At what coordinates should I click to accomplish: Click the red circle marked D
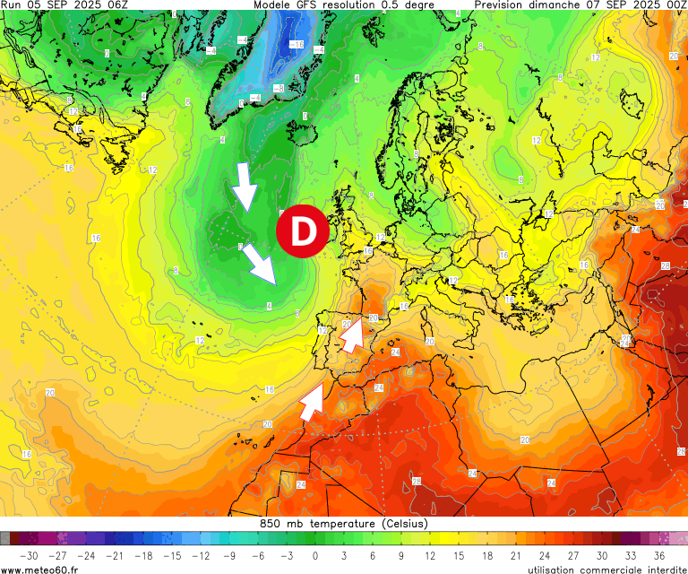(x=304, y=231)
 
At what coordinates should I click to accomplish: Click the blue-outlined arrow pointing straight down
(x=244, y=187)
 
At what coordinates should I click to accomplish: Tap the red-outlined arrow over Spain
(x=354, y=333)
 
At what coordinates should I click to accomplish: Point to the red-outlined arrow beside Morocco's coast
(x=312, y=400)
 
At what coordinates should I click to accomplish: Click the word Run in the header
(x=13, y=5)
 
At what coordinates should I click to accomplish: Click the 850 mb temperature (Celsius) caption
(x=344, y=524)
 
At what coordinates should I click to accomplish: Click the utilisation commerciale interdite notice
(x=606, y=569)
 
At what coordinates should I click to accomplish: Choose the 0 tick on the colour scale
(x=315, y=555)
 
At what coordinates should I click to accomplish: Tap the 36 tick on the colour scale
(x=659, y=555)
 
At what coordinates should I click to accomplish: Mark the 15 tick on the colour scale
(x=459, y=555)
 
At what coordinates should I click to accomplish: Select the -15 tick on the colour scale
(x=171, y=555)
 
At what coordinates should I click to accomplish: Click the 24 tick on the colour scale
(x=545, y=555)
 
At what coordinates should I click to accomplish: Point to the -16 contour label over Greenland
(x=297, y=44)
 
